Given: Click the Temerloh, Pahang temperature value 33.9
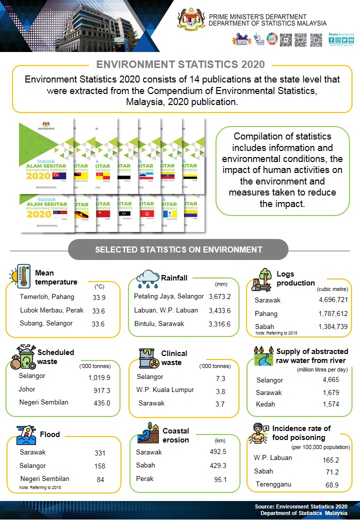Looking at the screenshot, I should pyautogui.click(x=99, y=297).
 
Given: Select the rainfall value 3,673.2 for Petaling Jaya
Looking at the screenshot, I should pyautogui.click(x=219, y=297).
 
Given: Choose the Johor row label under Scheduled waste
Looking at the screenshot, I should pyautogui.click(x=28, y=389).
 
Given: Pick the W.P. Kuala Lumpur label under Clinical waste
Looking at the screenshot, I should pyautogui.click(x=165, y=390).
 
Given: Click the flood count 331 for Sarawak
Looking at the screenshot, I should pyautogui.click(x=100, y=453).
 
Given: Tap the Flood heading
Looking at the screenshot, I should pyautogui.click(x=49, y=434).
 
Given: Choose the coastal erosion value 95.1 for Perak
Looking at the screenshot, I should pyautogui.click(x=218, y=479).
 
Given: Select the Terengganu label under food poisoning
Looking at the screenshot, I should pyautogui.click(x=273, y=484).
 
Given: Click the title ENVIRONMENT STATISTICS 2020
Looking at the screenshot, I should pyautogui.click(x=180, y=64).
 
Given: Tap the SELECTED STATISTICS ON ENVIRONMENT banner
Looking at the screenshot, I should pyautogui.click(x=178, y=249).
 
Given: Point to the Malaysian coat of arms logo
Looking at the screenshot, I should pyautogui.click(x=191, y=19).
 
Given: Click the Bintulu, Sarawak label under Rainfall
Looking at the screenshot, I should pyautogui.click(x=159, y=324).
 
